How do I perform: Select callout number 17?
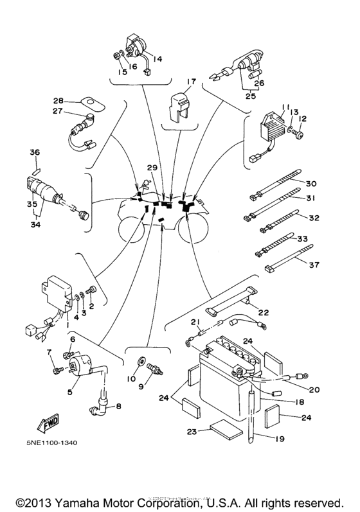click(x=191, y=82)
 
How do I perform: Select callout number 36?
click(x=35, y=152)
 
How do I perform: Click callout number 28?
click(x=57, y=101)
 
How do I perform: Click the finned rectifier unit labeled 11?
click(x=269, y=127)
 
